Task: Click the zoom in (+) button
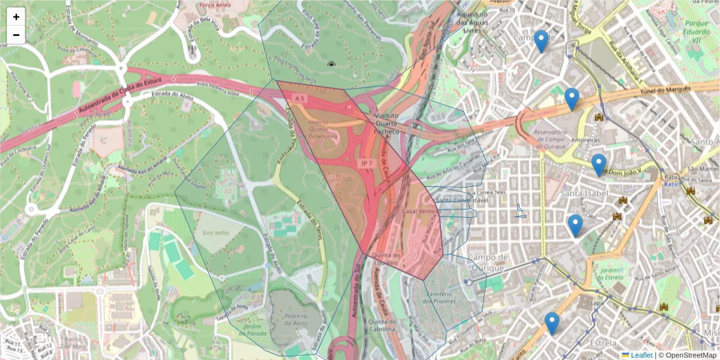[16, 17]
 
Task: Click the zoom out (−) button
[16, 35]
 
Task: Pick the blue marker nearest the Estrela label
[552, 323]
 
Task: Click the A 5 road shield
[299, 97]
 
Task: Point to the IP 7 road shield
[367, 163]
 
